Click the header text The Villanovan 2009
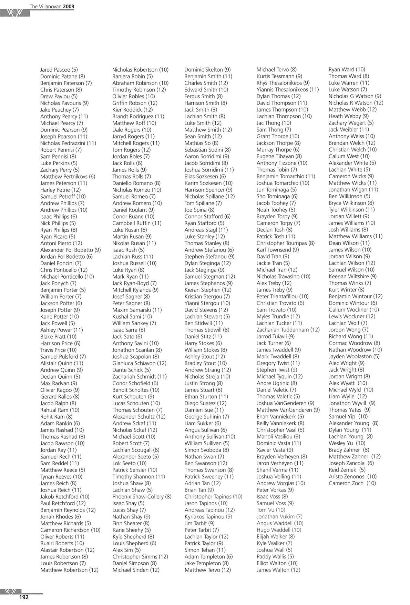[52, 6]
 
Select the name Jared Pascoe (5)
[59, 70]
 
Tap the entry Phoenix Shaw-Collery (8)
[142, 497]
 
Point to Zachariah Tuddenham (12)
[288, 330]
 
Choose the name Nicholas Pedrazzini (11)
[68, 143]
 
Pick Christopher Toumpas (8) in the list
[285, 243]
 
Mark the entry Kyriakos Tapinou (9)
[208, 517]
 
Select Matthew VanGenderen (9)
[288, 410]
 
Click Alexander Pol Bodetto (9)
[70, 250]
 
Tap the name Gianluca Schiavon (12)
[139, 363]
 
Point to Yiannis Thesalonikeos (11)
[287, 90]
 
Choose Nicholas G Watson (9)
[355, 96]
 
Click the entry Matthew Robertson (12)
[69, 570]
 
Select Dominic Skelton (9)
[207, 70]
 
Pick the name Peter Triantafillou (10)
[283, 297]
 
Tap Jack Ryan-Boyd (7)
[134, 283]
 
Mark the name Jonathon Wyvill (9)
[352, 403]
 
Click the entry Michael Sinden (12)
[136, 570]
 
